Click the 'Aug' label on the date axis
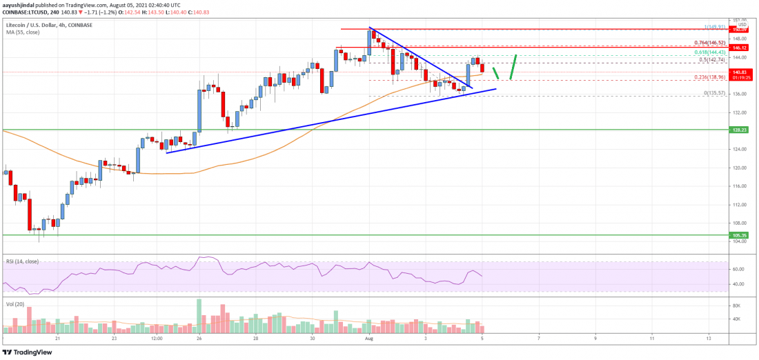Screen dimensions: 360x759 [x=369, y=339]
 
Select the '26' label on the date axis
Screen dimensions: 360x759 [x=199, y=339]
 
